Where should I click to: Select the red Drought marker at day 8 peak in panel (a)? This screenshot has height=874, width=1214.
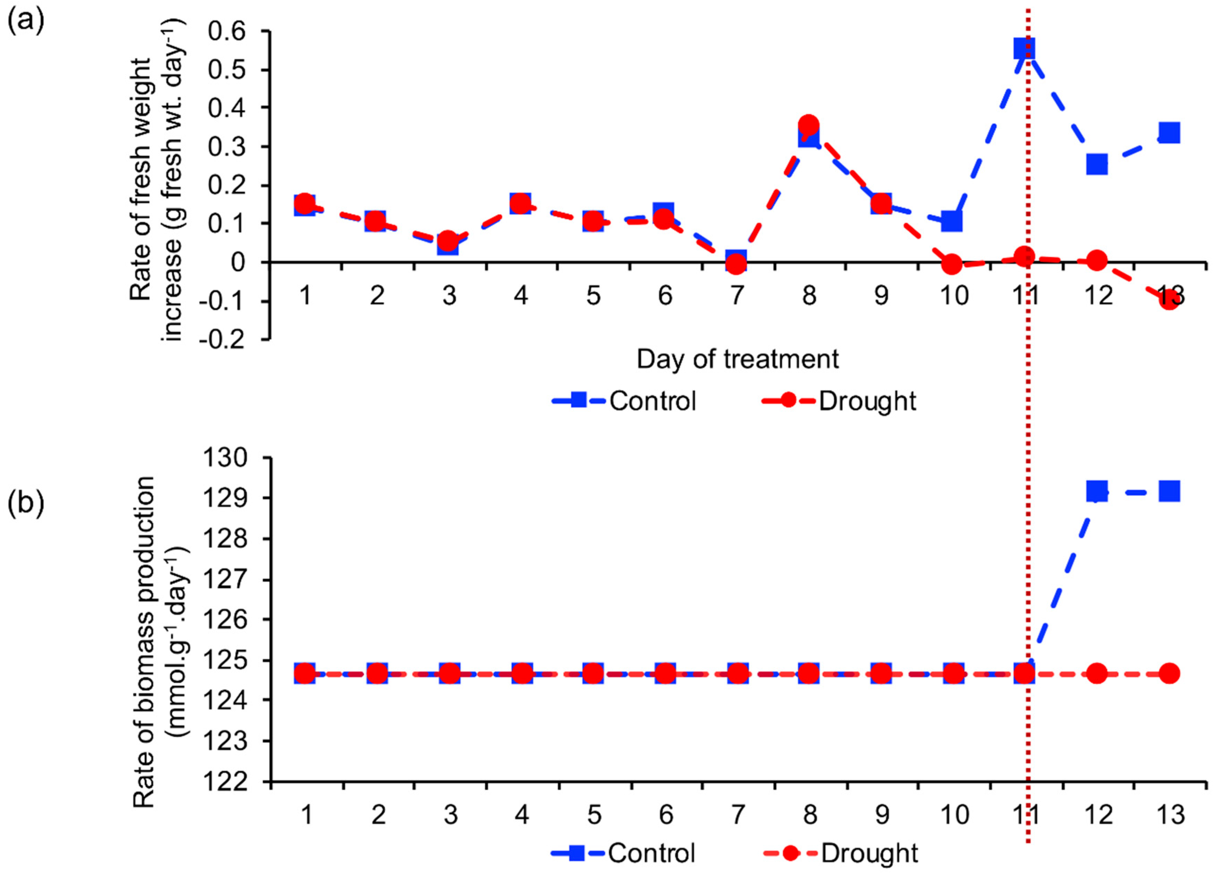coord(808,125)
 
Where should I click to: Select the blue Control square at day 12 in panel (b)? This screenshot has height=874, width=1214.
coord(1096,490)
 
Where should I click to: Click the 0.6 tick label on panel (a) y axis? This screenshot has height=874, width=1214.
coord(229,32)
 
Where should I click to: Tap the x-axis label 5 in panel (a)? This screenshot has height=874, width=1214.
coord(593,295)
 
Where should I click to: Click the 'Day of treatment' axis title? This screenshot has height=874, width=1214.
coord(737,359)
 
